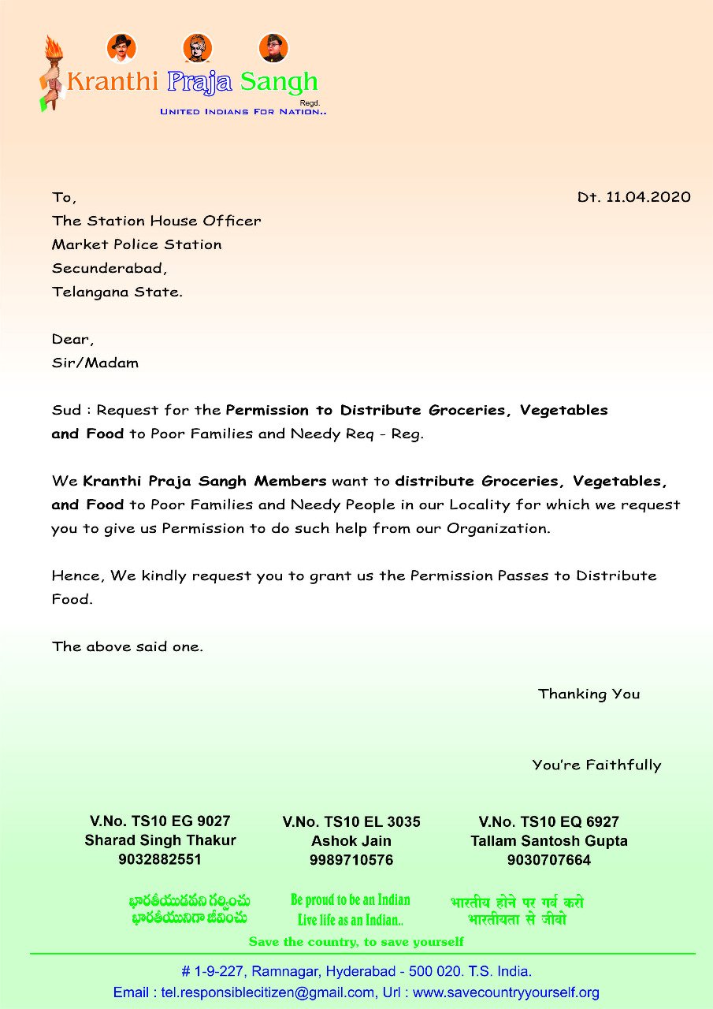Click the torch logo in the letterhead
(x=51, y=73)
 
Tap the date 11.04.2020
(x=648, y=197)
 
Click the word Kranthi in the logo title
(x=113, y=81)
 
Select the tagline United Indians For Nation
(x=243, y=112)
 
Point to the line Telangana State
(x=117, y=292)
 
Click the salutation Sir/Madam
(x=95, y=363)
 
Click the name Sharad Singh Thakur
(x=160, y=840)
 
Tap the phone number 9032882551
(x=160, y=859)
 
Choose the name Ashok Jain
(x=351, y=841)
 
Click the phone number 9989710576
(x=351, y=860)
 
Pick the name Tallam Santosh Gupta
(x=549, y=841)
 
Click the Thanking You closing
(x=589, y=694)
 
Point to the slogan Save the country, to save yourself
(x=356, y=942)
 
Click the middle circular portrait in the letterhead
(x=197, y=47)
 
